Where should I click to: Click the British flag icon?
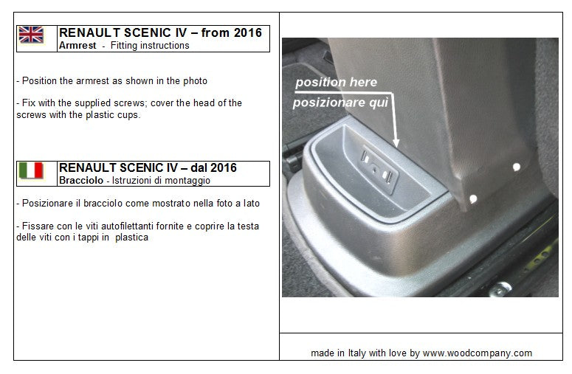coord(32,35)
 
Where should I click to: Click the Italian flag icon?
coord(32,170)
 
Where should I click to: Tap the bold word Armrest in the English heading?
coord(77,46)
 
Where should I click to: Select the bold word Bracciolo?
coord(81,181)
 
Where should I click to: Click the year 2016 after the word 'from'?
coord(248,32)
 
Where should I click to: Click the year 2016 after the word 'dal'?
coord(223,167)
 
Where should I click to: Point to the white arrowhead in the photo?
coord(396,143)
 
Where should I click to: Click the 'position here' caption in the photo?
coord(336,83)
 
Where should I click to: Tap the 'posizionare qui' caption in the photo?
coord(340,103)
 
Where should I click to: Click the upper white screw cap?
coord(517,167)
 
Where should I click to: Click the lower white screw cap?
coord(473,199)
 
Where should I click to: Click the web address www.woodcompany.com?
coord(477,353)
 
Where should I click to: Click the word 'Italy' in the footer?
coord(356,353)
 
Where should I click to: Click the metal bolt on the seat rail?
coord(501,290)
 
